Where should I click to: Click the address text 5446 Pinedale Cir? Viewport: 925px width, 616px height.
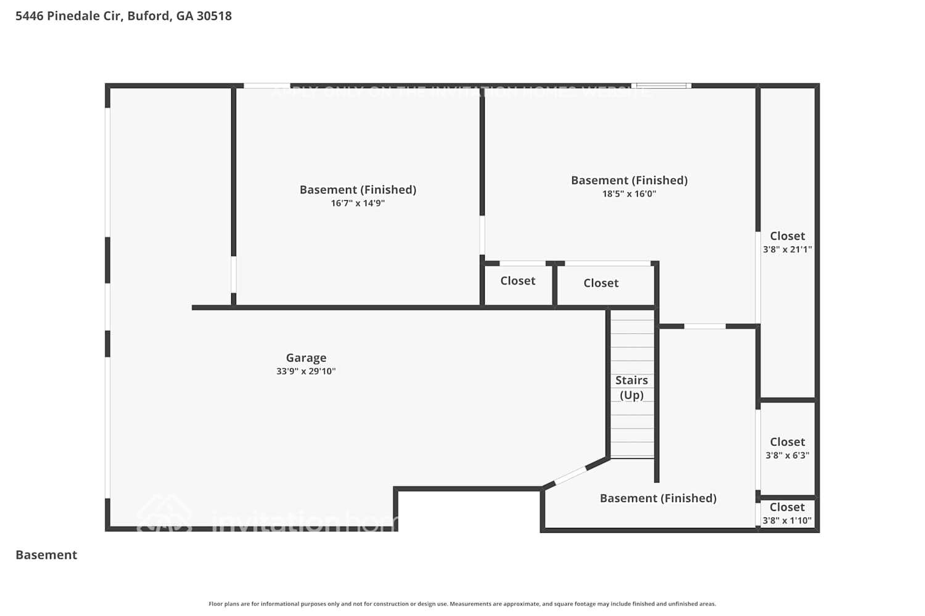coord(68,16)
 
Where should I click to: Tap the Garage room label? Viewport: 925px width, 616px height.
coord(306,358)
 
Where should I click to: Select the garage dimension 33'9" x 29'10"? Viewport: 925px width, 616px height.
coord(306,371)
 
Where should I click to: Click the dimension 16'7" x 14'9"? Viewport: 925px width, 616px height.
coord(358,203)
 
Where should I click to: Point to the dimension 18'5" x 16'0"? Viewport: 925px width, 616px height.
coord(629,194)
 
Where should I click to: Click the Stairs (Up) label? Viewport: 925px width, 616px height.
coord(631,387)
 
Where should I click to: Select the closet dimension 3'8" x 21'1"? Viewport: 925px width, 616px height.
coord(787,249)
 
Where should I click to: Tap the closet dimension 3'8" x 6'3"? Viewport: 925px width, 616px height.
coord(787,455)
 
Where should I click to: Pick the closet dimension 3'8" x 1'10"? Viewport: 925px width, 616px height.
coord(787,521)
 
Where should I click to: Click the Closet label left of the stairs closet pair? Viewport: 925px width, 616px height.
coord(517,281)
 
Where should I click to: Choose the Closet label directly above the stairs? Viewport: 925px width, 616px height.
coord(601,283)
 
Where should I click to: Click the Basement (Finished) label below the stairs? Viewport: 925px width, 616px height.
coord(658,498)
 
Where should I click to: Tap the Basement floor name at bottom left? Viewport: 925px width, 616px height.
coord(46,555)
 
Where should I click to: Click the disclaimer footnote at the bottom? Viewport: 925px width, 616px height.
coord(462,604)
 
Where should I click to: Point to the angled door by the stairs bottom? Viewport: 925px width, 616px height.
coord(570,476)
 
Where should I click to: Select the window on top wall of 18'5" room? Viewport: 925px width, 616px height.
coord(661,86)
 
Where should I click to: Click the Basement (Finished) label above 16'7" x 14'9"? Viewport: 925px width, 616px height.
coord(358,190)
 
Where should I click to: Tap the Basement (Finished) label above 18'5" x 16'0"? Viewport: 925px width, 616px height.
coord(629,180)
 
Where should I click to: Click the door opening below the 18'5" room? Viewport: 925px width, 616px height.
coord(705,326)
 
